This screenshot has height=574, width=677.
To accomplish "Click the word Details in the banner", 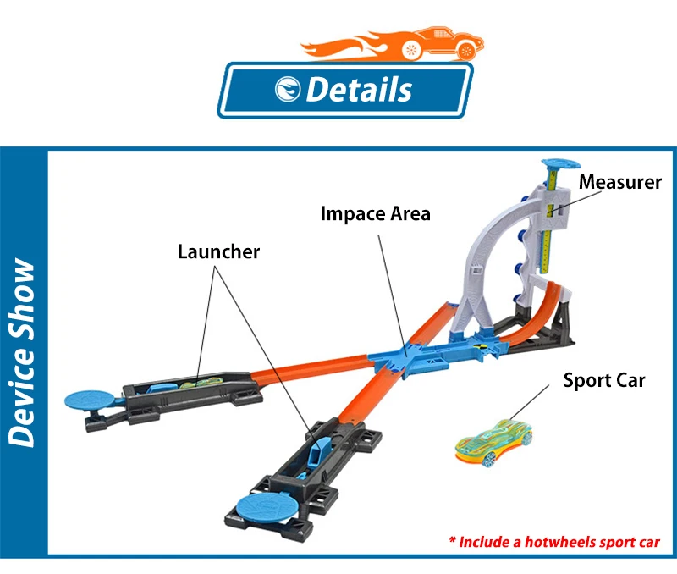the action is click(x=359, y=90).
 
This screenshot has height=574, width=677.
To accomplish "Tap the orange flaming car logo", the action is click(x=392, y=45).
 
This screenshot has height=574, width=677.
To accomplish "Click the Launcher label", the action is click(x=219, y=251).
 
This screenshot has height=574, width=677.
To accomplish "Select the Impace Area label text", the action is click(x=376, y=214).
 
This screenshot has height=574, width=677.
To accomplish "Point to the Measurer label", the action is click(x=620, y=182).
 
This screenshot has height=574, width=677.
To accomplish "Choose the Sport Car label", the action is click(x=604, y=380).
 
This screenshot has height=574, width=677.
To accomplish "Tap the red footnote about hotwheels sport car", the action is click(x=554, y=542).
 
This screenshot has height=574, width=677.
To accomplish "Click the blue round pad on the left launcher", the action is click(x=89, y=400).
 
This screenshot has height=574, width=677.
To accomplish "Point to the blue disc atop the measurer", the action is click(x=561, y=164).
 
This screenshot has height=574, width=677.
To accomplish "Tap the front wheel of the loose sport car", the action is click(x=489, y=461).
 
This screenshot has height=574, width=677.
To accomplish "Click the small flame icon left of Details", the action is click(x=288, y=90).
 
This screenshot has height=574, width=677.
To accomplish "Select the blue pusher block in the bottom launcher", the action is click(x=318, y=450).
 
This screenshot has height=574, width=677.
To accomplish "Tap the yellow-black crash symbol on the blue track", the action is click(x=480, y=345).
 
